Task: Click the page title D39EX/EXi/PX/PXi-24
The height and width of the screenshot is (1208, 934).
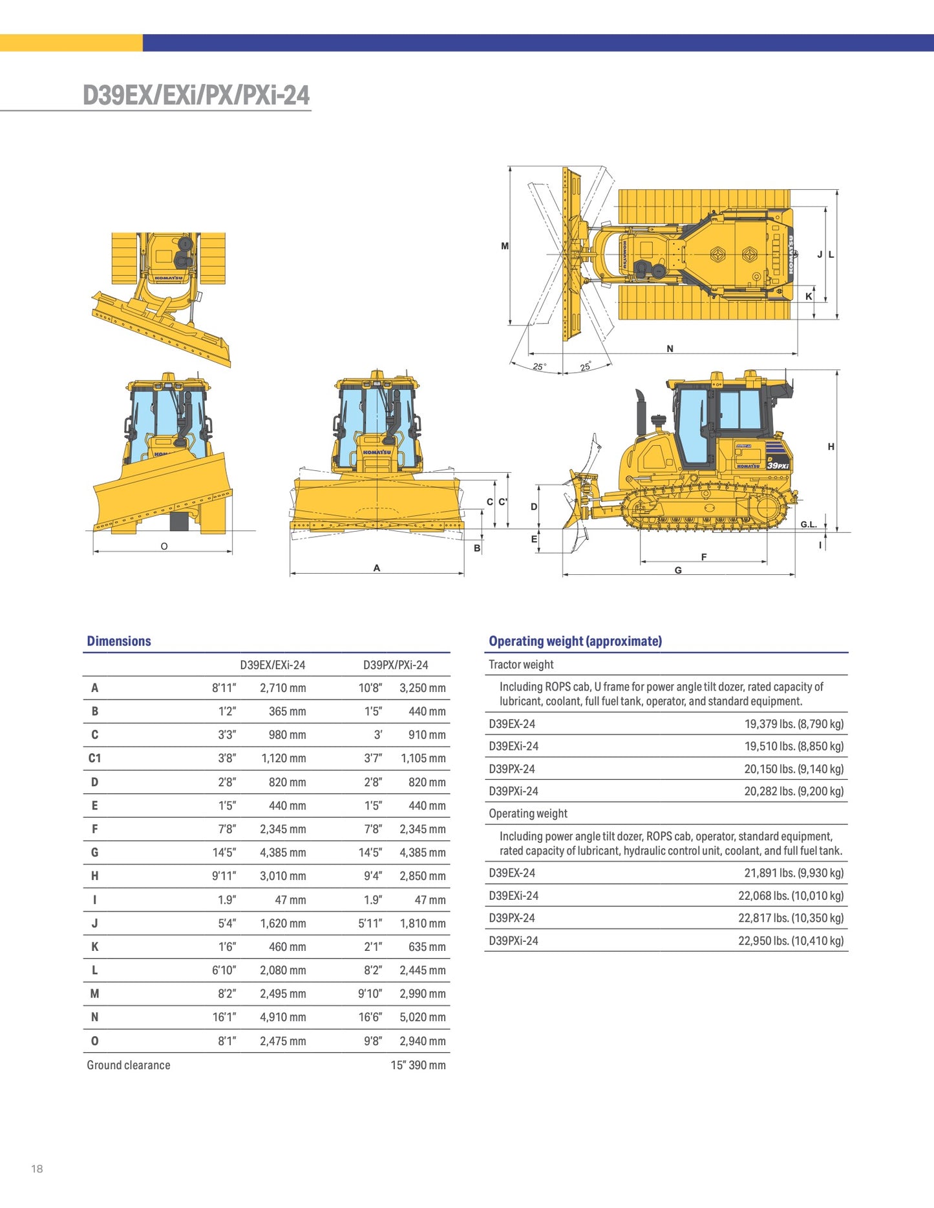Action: click(196, 95)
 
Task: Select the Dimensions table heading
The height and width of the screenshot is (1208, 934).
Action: click(119, 641)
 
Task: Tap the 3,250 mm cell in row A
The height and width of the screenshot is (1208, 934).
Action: click(423, 688)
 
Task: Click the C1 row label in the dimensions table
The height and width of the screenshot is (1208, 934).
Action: click(94, 758)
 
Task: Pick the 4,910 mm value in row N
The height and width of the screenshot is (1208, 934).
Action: click(283, 1017)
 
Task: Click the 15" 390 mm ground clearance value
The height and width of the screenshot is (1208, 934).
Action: click(418, 1065)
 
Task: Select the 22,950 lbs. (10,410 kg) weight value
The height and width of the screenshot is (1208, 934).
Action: click(791, 941)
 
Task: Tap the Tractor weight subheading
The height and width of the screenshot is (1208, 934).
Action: click(521, 664)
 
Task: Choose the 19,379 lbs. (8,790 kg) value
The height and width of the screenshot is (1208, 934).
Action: click(794, 724)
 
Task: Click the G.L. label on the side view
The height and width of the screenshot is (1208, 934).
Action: click(809, 525)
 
